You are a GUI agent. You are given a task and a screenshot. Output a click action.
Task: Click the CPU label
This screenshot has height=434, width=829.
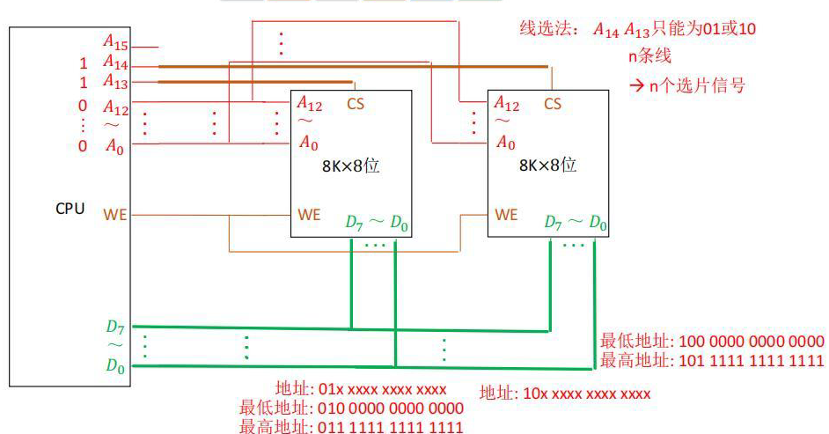(70, 209)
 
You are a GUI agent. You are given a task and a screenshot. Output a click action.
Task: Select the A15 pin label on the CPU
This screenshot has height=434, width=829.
(115, 41)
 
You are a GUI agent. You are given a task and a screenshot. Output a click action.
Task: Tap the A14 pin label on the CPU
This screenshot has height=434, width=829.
(115, 63)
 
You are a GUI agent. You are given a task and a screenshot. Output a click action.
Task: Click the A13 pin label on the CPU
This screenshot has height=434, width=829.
(115, 81)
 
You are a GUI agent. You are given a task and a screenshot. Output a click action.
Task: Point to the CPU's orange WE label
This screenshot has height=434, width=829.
(114, 215)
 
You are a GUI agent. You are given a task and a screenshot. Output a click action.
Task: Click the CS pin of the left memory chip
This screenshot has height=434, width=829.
(356, 104)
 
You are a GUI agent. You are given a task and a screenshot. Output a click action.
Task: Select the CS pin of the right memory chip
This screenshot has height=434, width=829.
(553, 104)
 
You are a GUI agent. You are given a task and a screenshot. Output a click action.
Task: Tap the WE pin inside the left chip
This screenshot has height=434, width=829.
(309, 215)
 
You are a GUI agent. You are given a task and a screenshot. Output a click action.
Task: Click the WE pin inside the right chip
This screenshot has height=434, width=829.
(506, 215)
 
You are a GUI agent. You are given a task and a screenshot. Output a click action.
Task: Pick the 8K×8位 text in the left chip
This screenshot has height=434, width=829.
(350, 166)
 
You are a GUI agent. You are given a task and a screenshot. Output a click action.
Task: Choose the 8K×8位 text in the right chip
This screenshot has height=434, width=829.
(547, 166)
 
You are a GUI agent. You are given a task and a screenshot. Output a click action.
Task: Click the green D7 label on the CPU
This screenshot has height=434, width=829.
(114, 327)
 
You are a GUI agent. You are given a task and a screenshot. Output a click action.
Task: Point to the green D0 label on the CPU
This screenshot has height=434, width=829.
(115, 365)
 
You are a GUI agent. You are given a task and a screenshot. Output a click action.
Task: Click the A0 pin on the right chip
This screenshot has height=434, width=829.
(505, 143)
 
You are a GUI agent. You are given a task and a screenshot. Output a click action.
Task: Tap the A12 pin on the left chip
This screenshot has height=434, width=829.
(309, 104)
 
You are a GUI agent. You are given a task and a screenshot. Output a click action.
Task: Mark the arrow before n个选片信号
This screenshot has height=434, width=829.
(636, 85)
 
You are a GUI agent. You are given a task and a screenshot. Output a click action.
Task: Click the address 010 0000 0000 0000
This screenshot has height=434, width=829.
(391, 408)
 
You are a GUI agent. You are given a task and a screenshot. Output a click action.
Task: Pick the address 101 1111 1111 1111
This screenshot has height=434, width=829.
(752, 361)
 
